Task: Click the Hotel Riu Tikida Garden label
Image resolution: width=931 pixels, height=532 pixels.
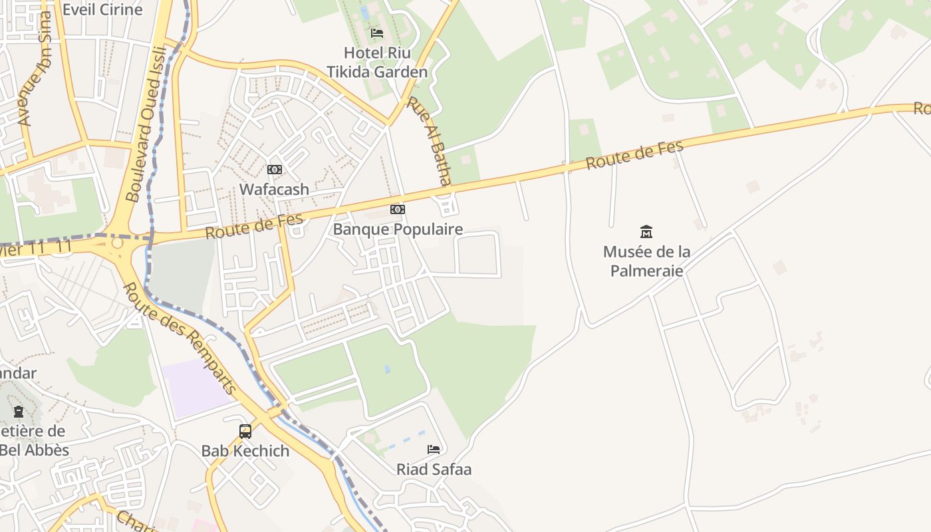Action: tap(376, 62)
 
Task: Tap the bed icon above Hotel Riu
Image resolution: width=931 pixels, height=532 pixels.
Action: tap(377, 33)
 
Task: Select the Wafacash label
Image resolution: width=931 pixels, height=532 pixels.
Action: tap(274, 190)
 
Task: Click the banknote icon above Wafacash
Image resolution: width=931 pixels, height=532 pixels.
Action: tap(275, 170)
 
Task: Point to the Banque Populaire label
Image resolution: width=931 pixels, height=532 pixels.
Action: tap(398, 229)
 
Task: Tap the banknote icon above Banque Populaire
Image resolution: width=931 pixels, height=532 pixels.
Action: tap(398, 209)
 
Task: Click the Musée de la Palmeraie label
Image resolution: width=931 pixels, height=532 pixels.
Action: tap(646, 261)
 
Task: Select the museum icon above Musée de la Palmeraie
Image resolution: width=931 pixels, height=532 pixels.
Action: tap(646, 231)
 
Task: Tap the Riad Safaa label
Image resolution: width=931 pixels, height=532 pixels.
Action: tap(434, 469)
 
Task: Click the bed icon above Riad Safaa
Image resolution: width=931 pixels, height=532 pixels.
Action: tap(434, 450)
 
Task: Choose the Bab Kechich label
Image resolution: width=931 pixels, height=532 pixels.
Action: tap(245, 451)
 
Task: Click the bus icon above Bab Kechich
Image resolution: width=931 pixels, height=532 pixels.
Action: tap(245, 432)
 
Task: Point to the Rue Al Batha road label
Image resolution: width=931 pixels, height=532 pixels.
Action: tap(429, 141)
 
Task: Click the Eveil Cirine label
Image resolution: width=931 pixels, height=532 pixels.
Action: tap(102, 9)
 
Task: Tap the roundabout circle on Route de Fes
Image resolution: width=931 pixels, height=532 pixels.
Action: tap(117, 243)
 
